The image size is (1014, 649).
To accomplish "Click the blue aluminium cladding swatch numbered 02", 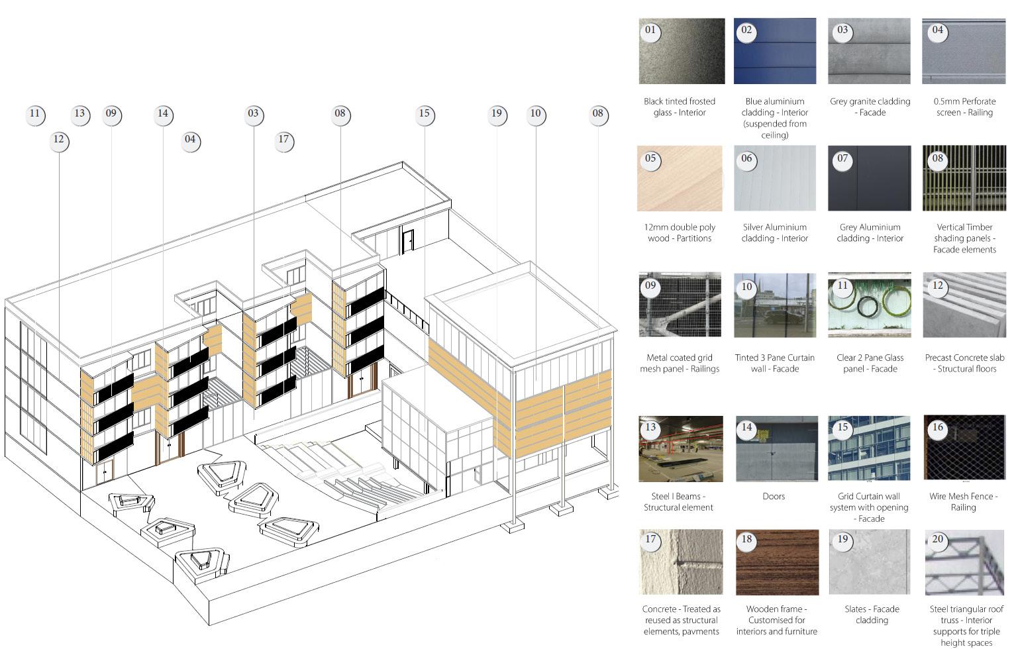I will (774, 51).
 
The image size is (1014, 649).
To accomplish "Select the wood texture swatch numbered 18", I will (776, 562).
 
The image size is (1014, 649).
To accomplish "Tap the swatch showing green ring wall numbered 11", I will (869, 305).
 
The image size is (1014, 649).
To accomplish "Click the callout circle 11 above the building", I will (35, 114).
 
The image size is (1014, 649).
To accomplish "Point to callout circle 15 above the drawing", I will (425, 114).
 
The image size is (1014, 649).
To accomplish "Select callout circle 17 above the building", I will (283, 140).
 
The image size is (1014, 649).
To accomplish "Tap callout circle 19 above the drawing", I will (497, 114).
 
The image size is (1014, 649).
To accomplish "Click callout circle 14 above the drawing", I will (163, 114).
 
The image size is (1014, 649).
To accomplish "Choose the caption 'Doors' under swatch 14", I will (773, 496).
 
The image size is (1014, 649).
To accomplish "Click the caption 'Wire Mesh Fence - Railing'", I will (963, 501).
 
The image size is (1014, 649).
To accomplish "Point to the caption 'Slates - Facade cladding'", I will (872, 615).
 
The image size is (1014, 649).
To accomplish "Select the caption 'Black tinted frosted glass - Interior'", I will (680, 107).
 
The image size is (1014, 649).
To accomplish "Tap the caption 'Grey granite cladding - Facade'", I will (870, 107).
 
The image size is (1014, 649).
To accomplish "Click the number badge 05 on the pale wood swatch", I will (650, 158).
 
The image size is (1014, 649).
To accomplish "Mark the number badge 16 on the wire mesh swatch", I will (937, 427).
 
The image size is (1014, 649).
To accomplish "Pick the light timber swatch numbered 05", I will (680, 179).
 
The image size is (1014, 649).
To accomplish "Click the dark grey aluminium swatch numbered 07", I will (870, 179).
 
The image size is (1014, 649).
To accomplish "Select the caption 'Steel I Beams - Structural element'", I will (679, 501).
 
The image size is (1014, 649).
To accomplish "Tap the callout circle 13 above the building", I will (79, 114).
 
